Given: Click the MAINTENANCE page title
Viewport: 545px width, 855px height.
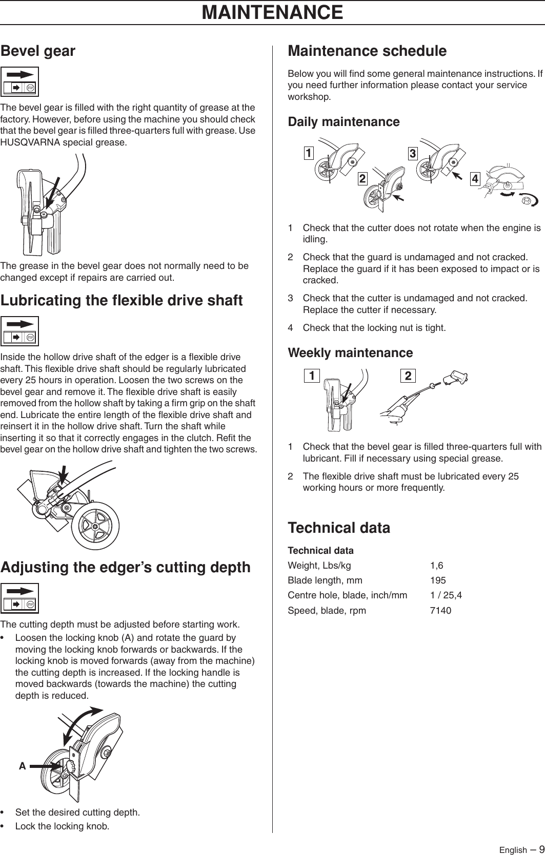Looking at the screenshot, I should pyautogui.click(x=272, y=12).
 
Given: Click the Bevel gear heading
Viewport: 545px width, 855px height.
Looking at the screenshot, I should pyautogui.click(x=38, y=51).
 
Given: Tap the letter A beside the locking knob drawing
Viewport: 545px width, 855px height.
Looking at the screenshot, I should pyautogui.click(x=22, y=766).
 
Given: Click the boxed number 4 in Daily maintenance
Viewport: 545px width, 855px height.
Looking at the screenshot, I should pyautogui.click(x=475, y=179).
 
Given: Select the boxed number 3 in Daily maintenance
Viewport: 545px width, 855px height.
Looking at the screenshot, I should pyautogui.click(x=412, y=153).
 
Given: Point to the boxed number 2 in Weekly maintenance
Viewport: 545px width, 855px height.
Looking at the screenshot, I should pyautogui.click(x=408, y=376).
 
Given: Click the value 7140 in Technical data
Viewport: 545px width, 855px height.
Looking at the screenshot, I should pyautogui.click(x=440, y=611).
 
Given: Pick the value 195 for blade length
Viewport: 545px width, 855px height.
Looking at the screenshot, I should pyautogui.click(x=438, y=580).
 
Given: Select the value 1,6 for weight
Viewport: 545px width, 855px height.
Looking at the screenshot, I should pyautogui.click(x=436, y=566).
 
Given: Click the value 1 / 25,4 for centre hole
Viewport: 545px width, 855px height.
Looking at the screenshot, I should pyautogui.click(x=446, y=595).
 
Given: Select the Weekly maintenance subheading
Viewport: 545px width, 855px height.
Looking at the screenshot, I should pyautogui.click(x=350, y=353).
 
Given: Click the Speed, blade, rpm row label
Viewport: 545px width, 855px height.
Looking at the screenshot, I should pyautogui.click(x=327, y=611).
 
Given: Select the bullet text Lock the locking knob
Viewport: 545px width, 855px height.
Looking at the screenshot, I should pyautogui.click(x=62, y=826).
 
